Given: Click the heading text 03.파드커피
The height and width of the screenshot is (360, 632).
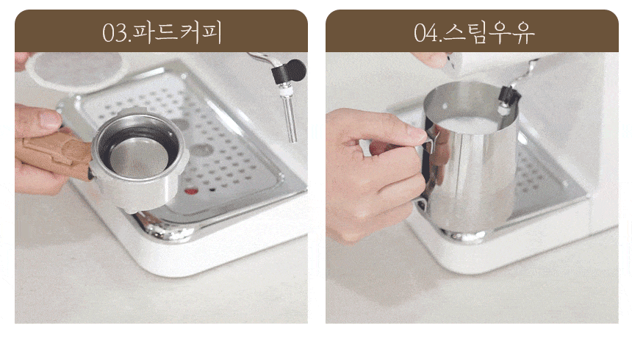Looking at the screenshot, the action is point(162,32).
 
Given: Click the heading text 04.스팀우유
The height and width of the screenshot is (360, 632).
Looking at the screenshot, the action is point(474,32).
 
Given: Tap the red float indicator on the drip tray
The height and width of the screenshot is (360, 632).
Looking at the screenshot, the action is point(191,191).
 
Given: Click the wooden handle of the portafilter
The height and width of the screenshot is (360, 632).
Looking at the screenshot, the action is point(57,154).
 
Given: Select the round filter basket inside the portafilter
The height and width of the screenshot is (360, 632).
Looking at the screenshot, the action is point(139,158).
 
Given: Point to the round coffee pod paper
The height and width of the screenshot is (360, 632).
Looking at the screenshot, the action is point(74,71).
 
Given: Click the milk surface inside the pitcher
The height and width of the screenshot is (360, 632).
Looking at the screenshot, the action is point(467,125).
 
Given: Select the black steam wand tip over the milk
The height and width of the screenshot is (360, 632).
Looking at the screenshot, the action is point(509,97).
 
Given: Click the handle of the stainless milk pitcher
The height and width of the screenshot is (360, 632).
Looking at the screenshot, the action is point(426,169).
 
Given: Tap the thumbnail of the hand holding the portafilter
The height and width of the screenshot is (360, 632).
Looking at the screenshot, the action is point(51,119).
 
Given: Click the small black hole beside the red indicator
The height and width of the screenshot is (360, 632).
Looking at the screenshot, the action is point(212,190).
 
